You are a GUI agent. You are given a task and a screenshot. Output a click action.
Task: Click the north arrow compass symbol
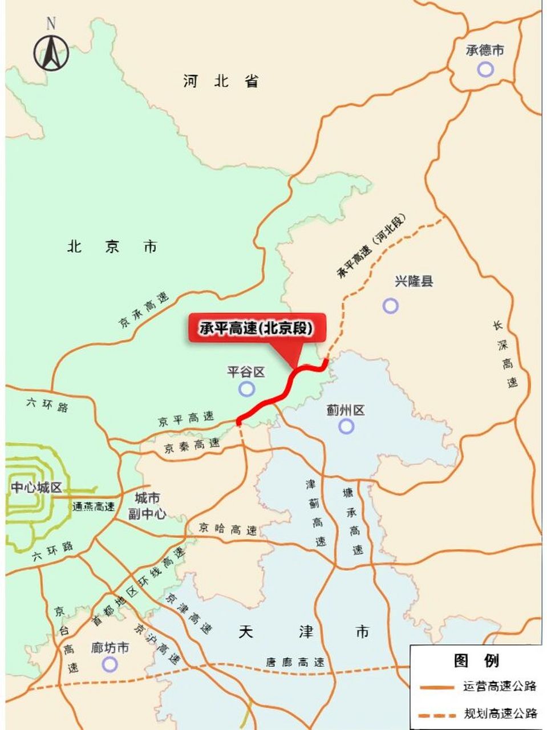[51, 51]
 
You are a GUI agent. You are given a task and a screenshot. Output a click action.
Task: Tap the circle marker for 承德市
[485, 70]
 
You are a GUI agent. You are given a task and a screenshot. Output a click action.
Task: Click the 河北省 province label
[221, 81]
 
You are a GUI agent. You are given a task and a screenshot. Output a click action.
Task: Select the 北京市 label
[112, 246]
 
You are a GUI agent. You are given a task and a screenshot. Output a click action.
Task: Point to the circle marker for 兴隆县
[390, 306]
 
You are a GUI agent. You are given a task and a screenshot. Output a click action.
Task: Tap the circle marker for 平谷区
[246, 389]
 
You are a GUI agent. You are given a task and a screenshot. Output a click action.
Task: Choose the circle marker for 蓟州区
[346, 425]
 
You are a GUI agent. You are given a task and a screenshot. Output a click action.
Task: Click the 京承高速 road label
[144, 310]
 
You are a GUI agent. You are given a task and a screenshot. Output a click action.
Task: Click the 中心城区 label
[36, 488]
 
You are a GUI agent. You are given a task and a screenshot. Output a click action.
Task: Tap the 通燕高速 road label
[94, 506]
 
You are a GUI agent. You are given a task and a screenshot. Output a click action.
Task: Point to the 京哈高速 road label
[228, 529]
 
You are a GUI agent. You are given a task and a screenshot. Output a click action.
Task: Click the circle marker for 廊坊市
[110, 664]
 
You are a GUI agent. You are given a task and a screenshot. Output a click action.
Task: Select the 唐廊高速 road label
[295, 662]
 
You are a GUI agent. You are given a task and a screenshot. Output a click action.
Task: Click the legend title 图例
[476, 660]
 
